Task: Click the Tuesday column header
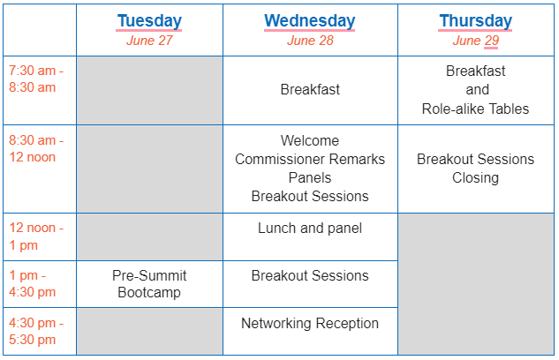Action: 149,20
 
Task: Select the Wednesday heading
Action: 309,20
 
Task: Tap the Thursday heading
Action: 476,20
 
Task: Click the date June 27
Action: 149,41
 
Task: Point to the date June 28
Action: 310,41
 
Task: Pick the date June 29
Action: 476,41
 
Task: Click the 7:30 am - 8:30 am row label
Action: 36,79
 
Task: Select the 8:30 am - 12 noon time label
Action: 36,149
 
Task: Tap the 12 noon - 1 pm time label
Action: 36,236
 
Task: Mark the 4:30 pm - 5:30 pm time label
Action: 36,332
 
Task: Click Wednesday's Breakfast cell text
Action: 310,89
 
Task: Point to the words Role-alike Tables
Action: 476,109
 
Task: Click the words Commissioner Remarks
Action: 310,159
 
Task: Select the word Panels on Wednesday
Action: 310,177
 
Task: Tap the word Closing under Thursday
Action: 476,177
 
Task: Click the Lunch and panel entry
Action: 310,229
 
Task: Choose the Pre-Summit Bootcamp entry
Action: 149,284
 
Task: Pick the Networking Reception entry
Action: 310,324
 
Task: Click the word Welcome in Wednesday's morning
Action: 310,140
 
